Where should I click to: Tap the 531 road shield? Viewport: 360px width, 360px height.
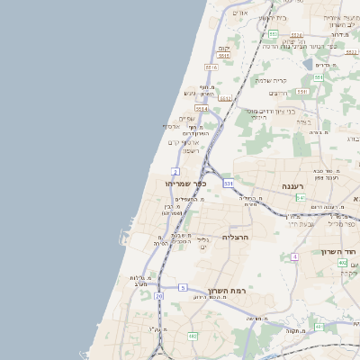(x=229, y=183)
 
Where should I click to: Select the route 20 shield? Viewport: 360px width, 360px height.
(x=159, y=295)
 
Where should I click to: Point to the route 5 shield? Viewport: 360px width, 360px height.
(x=183, y=287)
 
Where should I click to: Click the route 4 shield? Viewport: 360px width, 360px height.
(x=294, y=256)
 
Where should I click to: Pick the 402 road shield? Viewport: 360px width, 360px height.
(x=342, y=263)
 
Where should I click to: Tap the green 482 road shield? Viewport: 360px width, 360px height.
(x=192, y=336)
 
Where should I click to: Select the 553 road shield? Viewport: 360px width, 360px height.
(x=273, y=33)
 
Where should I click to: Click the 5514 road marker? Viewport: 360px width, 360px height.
(x=201, y=109)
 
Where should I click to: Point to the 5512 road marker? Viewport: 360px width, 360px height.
(x=225, y=98)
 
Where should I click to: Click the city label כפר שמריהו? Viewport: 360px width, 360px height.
(x=186, y=184)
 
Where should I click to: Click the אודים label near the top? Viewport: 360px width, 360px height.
(x=239, y=13)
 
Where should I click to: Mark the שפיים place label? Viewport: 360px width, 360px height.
(x=186, y=119)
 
